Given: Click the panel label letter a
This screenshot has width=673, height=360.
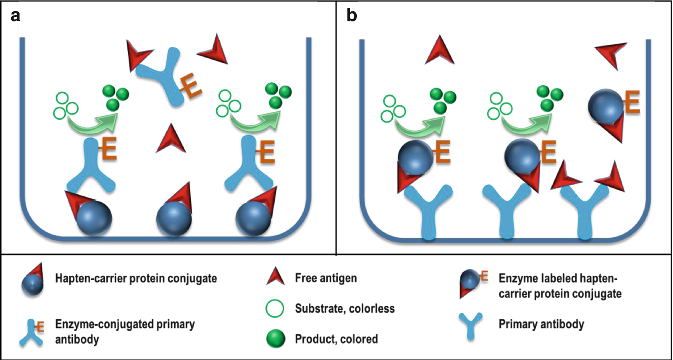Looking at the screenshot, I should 15,16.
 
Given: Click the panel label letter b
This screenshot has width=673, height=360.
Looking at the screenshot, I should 352,16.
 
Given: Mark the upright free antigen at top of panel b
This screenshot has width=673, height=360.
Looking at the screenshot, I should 440,52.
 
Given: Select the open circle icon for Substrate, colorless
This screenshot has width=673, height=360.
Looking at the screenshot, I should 275,309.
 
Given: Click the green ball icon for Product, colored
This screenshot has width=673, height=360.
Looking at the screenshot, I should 276,339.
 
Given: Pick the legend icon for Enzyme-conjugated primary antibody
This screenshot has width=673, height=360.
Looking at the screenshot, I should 32,332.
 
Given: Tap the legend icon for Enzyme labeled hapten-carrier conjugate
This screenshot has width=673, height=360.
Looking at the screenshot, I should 472,283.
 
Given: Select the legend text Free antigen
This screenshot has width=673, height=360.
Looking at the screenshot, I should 326,278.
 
